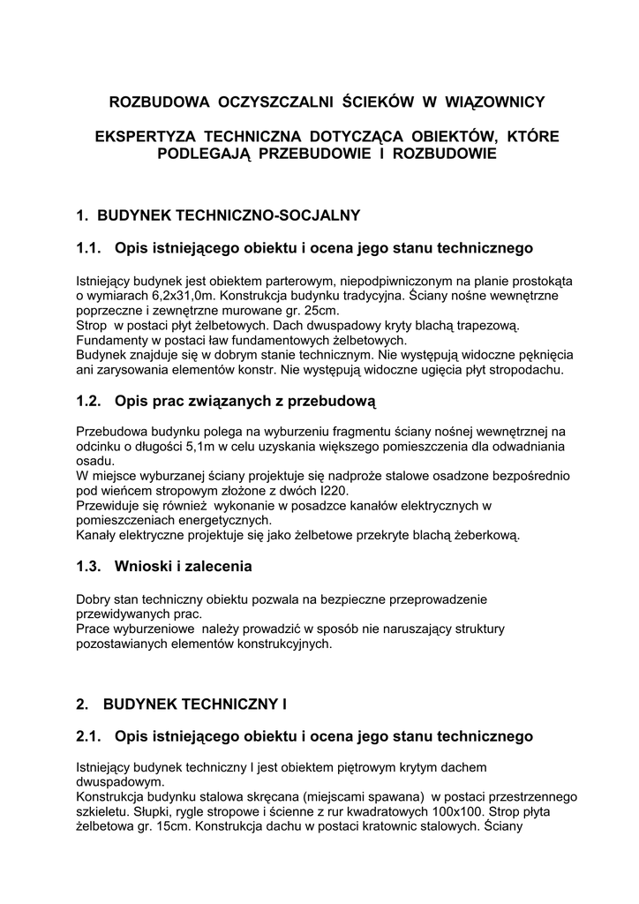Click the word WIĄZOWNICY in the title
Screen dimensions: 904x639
[492, 102]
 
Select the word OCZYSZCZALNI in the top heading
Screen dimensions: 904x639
[275, 102]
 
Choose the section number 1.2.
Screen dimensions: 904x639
[89, 402]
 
